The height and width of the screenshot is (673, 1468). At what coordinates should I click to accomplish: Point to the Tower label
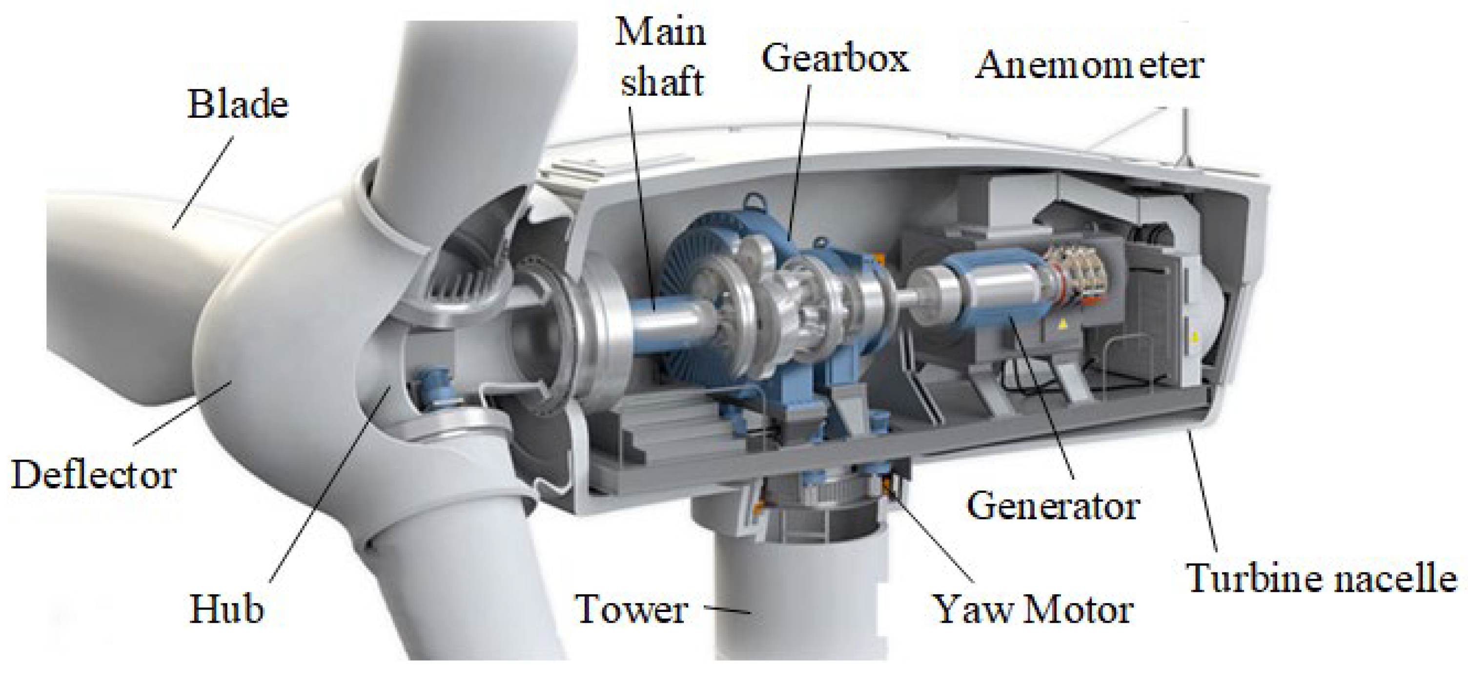click(x=632, y=610)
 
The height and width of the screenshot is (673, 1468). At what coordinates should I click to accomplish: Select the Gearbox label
click(x=836, y=59)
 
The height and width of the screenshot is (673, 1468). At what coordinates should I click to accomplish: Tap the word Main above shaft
click(x=660, y=33)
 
